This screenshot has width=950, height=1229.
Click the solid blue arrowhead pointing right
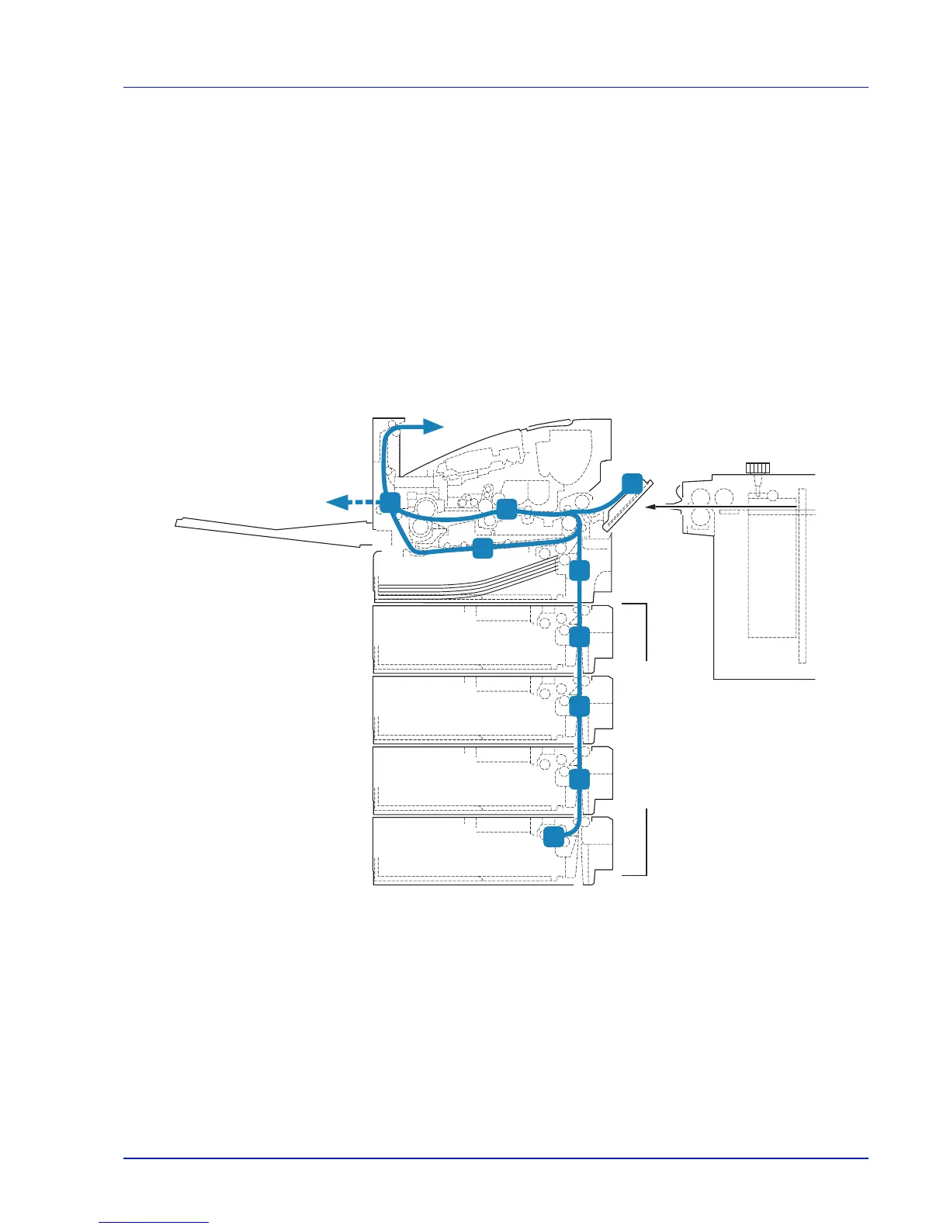click(x=432, y=425)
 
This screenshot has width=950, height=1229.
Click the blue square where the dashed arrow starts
click(x=390, y=502)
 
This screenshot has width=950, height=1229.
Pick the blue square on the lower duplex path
click(x=483, y=549)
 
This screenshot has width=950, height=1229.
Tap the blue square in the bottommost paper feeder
click(x=553, y=836)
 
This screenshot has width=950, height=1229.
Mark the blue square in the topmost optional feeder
click(x=580, y=637)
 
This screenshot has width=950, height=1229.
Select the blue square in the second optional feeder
click(x=580, y=707)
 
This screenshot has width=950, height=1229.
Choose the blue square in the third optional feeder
click(x=580, y=778)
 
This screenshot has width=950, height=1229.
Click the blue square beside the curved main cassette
click(x=580, y=571)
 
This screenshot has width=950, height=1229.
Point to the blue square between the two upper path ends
click(x=507, y=509)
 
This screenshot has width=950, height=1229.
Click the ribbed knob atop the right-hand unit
click(x=757, y=468)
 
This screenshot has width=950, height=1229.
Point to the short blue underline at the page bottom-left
click(x=154, y=1223)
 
